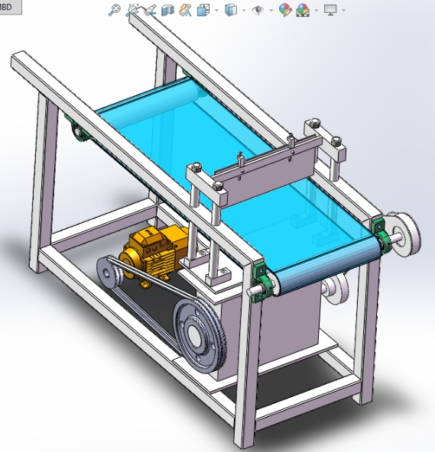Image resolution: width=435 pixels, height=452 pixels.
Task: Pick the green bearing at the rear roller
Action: pos(76,129)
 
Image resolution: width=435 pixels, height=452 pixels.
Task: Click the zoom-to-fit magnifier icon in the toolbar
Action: pos(114,10)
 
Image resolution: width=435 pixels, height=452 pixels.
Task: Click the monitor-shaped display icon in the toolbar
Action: pos(330,10)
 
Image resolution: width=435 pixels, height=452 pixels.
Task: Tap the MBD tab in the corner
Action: pos(10,6)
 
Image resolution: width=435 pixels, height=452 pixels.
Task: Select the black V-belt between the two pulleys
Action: pos(153,295)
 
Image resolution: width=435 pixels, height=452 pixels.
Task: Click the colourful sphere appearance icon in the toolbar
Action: pos(285,10)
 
